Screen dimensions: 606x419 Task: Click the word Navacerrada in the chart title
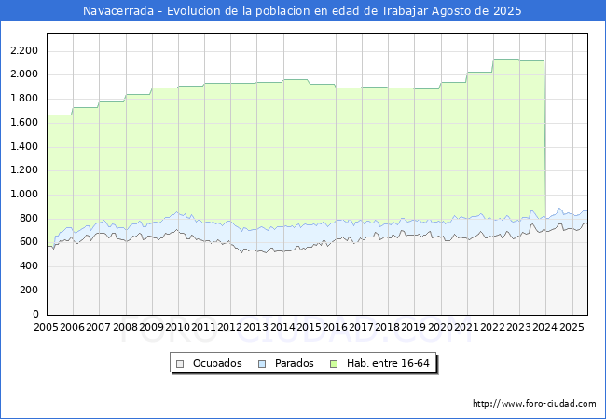pyautogui.click(x=118, y=11)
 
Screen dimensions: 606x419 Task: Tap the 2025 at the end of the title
pyautogui.click(x=507, y=11)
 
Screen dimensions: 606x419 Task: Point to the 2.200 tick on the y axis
pyautogui.click(x=24, y=50)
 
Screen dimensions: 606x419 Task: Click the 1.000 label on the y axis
pyautogui.click(x=24, y=194)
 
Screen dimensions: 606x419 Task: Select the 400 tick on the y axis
pyautogui.click(x=29, y=265)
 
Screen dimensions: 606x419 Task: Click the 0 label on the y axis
pyautogui.click(x=35, y=314)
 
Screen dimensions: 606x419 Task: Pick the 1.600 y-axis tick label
pyautogui.click(x=24, y=122)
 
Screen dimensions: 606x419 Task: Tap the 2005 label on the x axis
pyautogui.click(x=46, y=327)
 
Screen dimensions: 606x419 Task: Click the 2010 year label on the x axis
pyautogui.click(x=177, y=327)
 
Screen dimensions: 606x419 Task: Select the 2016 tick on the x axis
pyautogui.click(x=335, y=327)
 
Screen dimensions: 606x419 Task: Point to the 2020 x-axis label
pyautogui.click(x=440, y=327)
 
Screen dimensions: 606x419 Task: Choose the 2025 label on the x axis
pyautogui.click(x=572, y=327)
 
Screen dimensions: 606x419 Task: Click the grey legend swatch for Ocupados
pyautogui.click(x=180, y=364)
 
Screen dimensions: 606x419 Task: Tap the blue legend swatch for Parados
pyautogui.click(x=262, y=364)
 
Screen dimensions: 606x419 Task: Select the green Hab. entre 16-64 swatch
pyautogui.click(x=334, y=364)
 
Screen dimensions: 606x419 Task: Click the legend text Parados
pyautogui.click(x=294, y=363)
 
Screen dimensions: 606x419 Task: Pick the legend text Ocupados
pyautogui.click(x=217, y=363)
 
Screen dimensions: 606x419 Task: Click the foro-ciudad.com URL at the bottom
pyautogui.click(x=534, y=404)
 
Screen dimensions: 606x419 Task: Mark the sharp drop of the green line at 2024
pyautogui.click(x=544, y=139)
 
